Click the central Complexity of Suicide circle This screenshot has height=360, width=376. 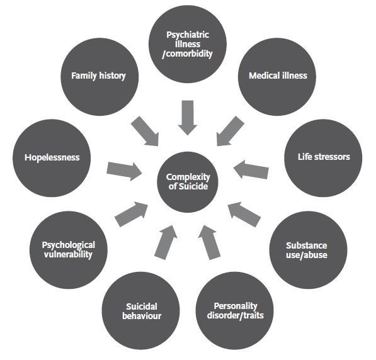pos(188,182)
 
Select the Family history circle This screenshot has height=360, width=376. pos(100,77)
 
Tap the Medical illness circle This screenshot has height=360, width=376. pos(277,77)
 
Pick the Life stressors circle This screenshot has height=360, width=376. pos(323,158)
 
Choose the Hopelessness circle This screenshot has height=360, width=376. pos(52,158)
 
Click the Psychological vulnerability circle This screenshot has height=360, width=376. pos(69,250)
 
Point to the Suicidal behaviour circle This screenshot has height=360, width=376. pos(140,311)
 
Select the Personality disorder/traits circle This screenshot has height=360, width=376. pos(234,311)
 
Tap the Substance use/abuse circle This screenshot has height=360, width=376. pos(308,250)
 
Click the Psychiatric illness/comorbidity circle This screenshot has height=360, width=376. pos(188,44)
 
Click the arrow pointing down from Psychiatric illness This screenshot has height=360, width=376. pos(188,118)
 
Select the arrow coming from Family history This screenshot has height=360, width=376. pos(145,132)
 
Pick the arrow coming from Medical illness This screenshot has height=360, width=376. pos(231,132)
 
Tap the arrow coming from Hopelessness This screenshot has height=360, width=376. pos(124,171)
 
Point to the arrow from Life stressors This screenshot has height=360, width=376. pos(251,170)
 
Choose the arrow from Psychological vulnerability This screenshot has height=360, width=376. pos(132,214)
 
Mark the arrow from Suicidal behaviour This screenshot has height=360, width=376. pos(166,242)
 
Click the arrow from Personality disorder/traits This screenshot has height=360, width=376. pos(209,242)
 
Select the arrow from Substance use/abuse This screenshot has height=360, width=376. pos(244,214)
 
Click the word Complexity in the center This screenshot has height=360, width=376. pos(188,177)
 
